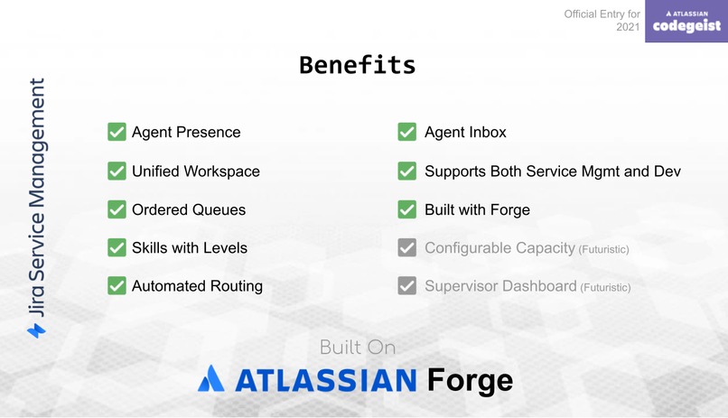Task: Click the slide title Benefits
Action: click(x=357, y=65)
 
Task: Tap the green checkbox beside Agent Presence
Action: click(x=117, y=132)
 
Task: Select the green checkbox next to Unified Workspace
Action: click(x=117, y=171)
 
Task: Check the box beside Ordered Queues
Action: click(x=117, y=209)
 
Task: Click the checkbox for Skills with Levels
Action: click(x=117, y=247)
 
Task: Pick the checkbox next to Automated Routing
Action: click(x=117, y=285)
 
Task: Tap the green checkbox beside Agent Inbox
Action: click(x=406, y=132)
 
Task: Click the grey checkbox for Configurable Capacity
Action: click(x=406, y=247)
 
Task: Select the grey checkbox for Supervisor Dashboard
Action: click(x=406, y=286)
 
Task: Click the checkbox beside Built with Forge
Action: click(x=406, y=209)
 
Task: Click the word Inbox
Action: click(x=486, y=132)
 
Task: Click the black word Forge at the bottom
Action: click(x=470, y=380)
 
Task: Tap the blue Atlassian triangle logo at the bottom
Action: click(x=211, y=378)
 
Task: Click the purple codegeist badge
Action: click(x=686, y=22)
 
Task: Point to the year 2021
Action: click(x=628, y=27)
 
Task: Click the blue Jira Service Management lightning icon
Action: click(x=36, y=330)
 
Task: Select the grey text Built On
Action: click(x=357, y=348)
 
